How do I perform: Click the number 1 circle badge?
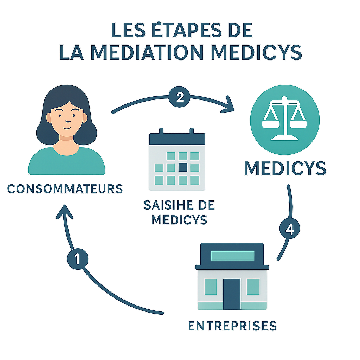click(x=78, y=259)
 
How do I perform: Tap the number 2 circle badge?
click(x=180, y=97)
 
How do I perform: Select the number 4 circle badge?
click(x=290, y=230)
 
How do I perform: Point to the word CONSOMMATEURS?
click(x=65, y=188)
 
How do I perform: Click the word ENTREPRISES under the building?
click(x=232, y=326)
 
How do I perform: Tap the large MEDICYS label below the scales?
click(x=285, y=169)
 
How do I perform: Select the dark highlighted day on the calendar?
click(x=183, y=168)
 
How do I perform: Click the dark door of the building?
click(x=232, y=294)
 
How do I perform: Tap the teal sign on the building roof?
click(x=232, y=256)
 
